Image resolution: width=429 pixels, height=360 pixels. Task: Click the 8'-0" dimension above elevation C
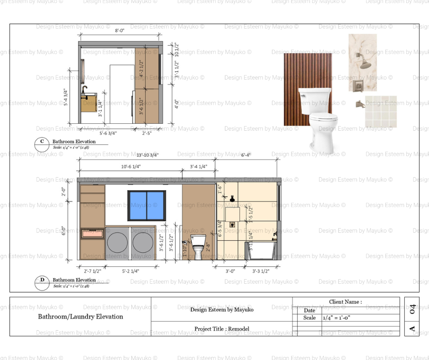(x=120, y=30)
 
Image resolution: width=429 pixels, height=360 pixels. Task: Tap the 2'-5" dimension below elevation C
(x=147, y=133)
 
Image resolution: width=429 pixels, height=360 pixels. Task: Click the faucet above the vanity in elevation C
(x=84, y=89)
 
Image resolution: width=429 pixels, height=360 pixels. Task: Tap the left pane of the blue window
(x=137, y=206)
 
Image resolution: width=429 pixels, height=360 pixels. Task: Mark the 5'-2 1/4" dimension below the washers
(x=131, y=271)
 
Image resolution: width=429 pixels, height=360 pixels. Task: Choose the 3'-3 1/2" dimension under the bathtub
(x=261, y=271)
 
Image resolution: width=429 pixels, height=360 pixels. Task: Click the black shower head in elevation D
(x=232, y=199)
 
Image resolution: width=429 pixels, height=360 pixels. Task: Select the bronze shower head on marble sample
(x=365, y=64)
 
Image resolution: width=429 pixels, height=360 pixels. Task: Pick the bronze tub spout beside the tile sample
(x=360, y=104)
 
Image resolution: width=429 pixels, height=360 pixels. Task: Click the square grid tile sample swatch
(x=381, y=111)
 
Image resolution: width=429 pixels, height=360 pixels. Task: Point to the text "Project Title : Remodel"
(x=222, y=328)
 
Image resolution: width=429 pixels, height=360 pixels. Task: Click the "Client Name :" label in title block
(x=345, y=302)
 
